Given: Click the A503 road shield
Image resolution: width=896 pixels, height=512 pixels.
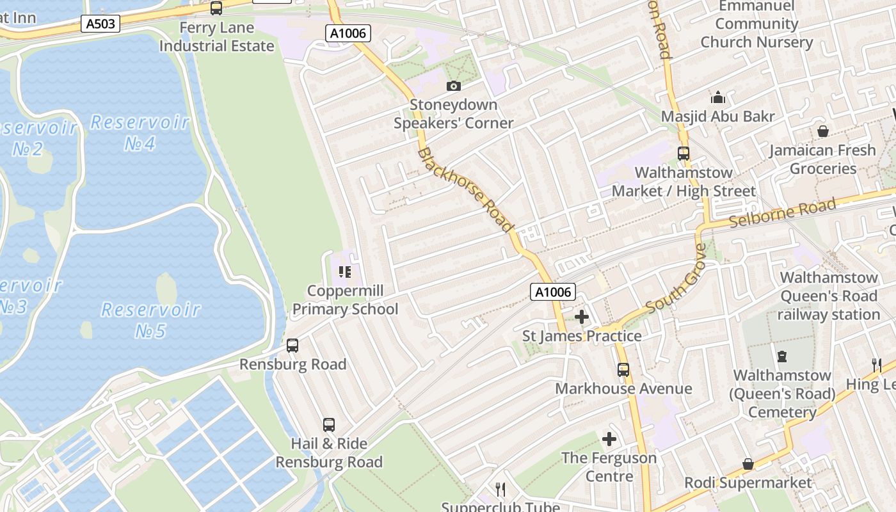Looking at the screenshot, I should [x=101, y=24].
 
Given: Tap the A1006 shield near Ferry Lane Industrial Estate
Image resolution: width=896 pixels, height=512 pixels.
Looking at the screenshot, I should [x=348, y=33].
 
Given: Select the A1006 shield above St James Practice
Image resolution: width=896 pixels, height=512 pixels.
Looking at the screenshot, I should [x=553, y=292].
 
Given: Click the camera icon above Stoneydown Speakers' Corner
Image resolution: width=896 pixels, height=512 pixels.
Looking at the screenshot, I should [x=453, y=86].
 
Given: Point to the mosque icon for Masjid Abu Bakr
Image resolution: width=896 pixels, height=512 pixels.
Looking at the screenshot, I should [x=718, y=97].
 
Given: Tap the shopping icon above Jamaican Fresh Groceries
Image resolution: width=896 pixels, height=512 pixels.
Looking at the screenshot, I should [x=823, y=131].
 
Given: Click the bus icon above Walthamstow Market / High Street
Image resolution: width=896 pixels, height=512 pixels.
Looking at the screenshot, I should [x=683, y=154].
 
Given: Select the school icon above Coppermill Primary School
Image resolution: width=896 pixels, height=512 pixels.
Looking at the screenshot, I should [x=345, y=273].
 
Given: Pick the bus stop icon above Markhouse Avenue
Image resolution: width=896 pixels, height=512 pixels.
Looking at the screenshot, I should [x=623, y=370].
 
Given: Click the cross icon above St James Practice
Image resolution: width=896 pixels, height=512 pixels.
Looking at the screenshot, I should [x=582, y=317].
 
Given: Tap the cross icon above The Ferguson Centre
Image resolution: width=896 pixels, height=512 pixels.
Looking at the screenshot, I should [x=609, y=439].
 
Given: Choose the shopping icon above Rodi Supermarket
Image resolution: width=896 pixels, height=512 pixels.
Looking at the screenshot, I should [x=748, y=464].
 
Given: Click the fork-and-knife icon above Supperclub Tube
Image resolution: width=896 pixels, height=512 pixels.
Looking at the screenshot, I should [x=500, y=490].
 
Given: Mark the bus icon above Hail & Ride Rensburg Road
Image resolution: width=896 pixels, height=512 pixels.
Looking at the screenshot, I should [x=328, y=424].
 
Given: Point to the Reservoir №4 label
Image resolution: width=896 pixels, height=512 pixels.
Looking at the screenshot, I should [x=140, y=132].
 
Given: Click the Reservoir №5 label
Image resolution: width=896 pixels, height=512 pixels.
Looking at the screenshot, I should [x=151, y=320].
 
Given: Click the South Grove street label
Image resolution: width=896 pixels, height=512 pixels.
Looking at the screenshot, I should [x=675, y=279].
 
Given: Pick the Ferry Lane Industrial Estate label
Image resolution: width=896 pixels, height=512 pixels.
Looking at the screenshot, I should [x=216, y=37].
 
